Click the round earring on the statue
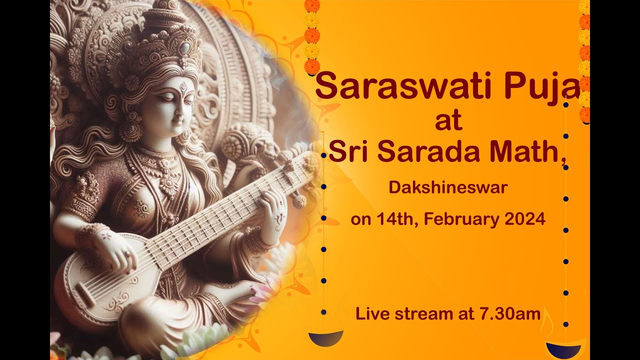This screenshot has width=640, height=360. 131,129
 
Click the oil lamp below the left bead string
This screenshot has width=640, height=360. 326,336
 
